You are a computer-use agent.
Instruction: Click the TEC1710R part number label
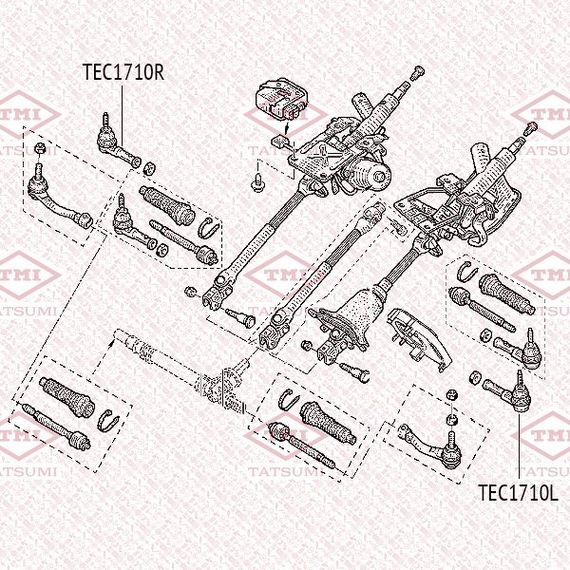click(x=123, y=72)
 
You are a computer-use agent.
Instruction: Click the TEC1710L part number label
click(x=516, y=492)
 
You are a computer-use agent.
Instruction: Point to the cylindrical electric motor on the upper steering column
click(x=367, y=171)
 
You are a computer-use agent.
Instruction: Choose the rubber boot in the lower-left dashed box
click(x=67, y=395)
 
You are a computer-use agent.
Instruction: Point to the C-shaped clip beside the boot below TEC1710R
click(x=209, y=227)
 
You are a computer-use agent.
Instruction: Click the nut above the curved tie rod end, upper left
click(x=38, y=149)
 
